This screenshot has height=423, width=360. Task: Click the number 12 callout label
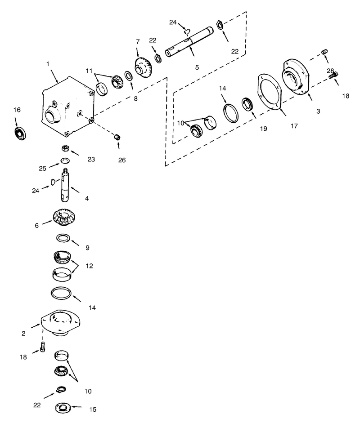point(89,266)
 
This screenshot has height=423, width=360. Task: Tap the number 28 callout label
point(330,71)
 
